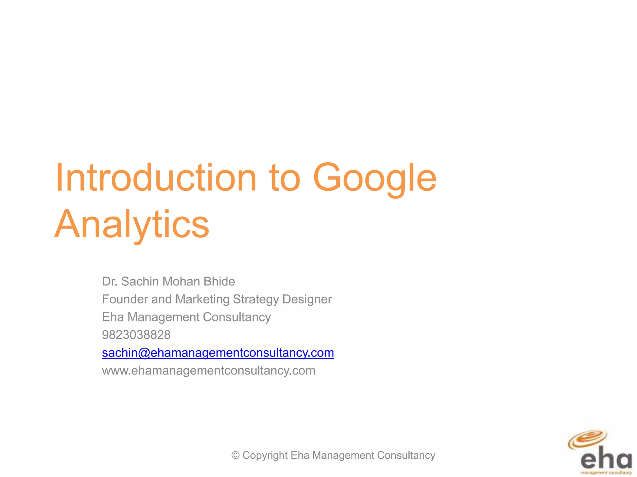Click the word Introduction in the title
156,178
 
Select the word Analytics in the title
132,225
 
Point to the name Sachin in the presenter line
140,281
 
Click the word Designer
307,300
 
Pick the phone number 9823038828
136,335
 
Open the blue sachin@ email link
218,353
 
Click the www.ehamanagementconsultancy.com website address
208,370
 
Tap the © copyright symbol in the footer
235,455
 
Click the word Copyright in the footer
265,456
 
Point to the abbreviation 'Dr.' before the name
109,281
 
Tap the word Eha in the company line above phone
113,317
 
